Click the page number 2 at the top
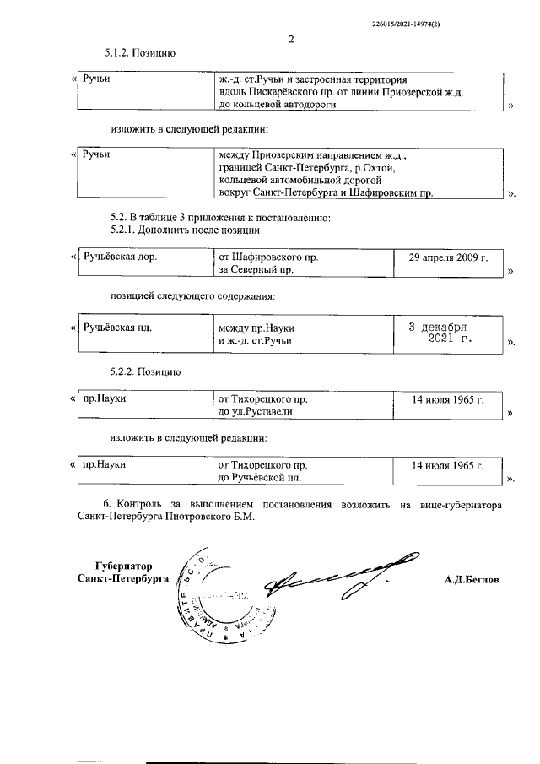(x=290, y=39)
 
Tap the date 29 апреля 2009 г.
(x=448, y=256)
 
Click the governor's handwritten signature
(x=337, y=577)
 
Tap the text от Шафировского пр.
(x=267, y=256)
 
